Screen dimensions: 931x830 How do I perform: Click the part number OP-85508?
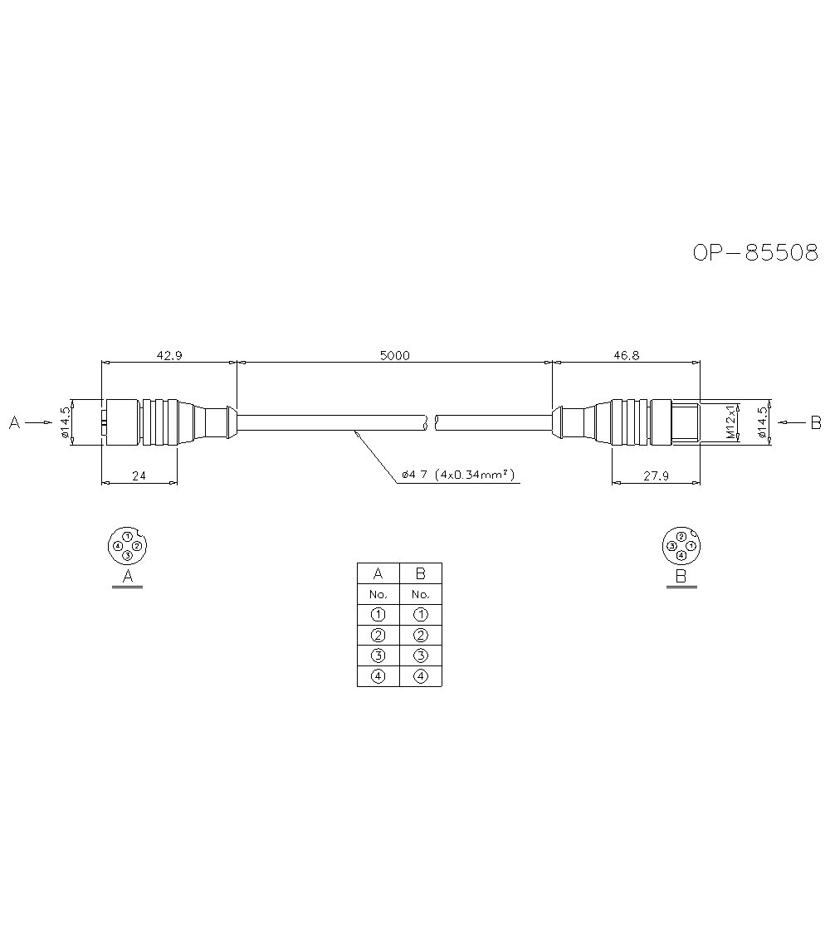pos(755,252)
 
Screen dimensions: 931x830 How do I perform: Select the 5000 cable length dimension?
pos(395,355)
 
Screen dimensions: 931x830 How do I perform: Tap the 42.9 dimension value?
pos(168,355)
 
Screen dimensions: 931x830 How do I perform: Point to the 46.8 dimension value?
pos(626,355)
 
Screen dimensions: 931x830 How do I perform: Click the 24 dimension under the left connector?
pos(139,476)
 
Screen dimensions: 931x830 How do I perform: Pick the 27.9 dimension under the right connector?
pos(655,476)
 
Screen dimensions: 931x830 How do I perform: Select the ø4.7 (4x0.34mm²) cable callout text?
pos(457,475)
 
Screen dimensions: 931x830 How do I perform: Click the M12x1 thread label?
pos(730,422)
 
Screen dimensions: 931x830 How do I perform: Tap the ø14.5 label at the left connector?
pos(64,423)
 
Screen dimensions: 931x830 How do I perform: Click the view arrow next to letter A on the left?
pos(37,423)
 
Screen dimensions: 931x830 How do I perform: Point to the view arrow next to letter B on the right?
pos(792,423)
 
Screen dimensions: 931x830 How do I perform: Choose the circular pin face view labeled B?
pos(681,545)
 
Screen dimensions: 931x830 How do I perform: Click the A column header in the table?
pos(378,573)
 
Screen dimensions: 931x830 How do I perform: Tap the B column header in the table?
pos(421,573)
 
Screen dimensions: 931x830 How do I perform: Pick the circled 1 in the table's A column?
pos(378,615)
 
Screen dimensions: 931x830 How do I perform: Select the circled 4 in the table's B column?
pos(421,676)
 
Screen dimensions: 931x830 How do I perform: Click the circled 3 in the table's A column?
pos(378,656)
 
